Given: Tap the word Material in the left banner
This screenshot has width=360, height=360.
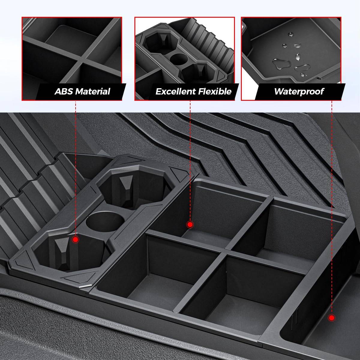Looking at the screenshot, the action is coord(93,91).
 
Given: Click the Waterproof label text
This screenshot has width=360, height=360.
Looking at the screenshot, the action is coord(299,91).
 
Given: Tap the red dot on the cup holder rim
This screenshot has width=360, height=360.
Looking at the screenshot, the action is coord(76,239).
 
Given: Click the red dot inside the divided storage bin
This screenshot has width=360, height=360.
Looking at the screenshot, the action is coord(190,225).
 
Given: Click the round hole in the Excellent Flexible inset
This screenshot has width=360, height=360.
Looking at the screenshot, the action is coord(179,59).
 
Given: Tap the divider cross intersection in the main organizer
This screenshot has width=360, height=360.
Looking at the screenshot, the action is coord(225,252).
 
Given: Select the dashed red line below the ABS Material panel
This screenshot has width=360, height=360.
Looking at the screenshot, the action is coord(76,168).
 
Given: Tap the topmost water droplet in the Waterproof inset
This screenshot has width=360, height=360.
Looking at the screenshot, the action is coord(290,34).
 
